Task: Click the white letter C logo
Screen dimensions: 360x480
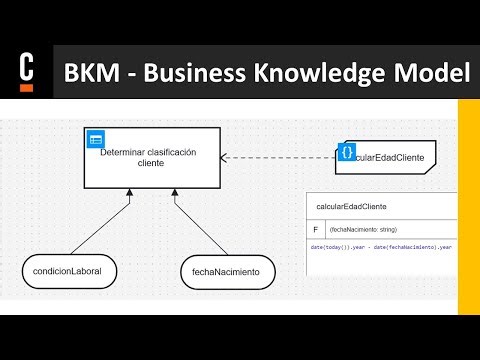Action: tap(27, 69)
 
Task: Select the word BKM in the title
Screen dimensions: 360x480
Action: tap(93, 73)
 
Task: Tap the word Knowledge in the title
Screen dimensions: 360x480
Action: tap(317, 73)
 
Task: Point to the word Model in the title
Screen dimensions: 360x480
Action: tap(423, 73)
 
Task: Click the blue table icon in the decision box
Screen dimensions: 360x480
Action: tap(96, 141)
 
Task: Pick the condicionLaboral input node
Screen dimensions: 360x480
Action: tap(68, 270)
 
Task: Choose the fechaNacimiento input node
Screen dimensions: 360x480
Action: tap(227, 271)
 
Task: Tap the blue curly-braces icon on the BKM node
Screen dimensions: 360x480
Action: tap(347, 152)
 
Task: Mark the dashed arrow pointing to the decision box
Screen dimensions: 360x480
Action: tap(280, 157)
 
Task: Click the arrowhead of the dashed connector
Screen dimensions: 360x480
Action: tap(225, 157)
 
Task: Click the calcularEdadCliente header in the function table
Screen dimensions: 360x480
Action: tap(351, 207)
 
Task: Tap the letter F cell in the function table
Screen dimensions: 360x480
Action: tap(315, 229)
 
